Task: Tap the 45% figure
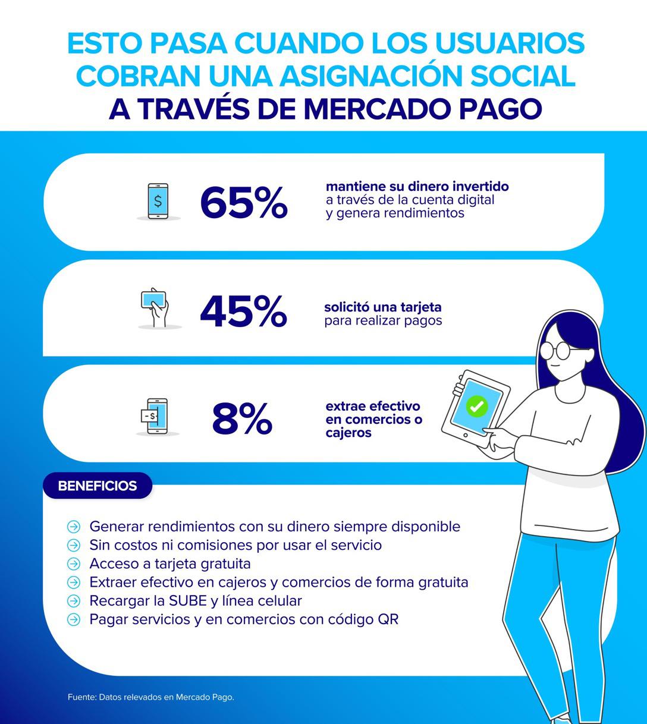pyautogui.click(x=243, y=311)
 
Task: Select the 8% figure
pyautogui.click(x=242, y=418)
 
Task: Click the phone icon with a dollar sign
pyautogui.click(x=158, y=202)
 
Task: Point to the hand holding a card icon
pyautogui.click(x=155, y=307)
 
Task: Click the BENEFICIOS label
pyautogui.click(x=98, y=486)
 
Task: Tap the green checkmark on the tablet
pyautogui.click(x=476, y=407)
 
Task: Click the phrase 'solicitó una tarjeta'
pyautogui.click(x=382, y=307)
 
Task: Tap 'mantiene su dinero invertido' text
pyautogui.click(x=417, y=186)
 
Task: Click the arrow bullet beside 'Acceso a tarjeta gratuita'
pyautogui.click(x=73, y=564)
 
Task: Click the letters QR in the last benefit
pyautogui.click(x=388, y=619)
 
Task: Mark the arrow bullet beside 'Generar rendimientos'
pyautogui.click(x=73, y=527)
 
